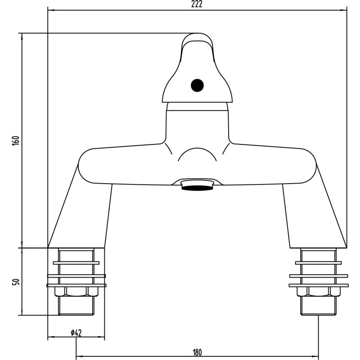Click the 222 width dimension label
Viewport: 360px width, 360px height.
tap(197, 4)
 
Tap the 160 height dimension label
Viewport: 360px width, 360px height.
tap(16, 140)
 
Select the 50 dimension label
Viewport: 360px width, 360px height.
tap(16, 282)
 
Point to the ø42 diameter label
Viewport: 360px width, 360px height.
tap(76, 333)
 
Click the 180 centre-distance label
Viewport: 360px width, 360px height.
tap(197, 352)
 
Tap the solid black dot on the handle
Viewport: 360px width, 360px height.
tap(197, 85)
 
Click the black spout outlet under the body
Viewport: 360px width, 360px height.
tap(197, 188)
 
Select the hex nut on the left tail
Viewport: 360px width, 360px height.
tap(76, 291)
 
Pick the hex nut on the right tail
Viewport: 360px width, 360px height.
tap(319, 291)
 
